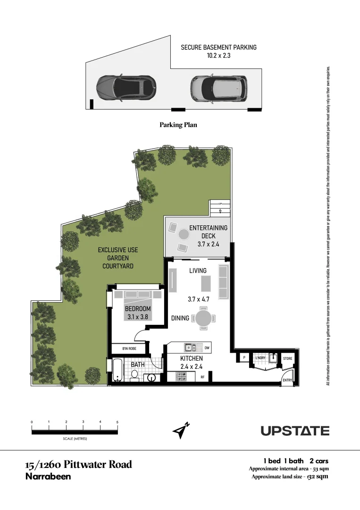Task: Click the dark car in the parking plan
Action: tap(126, 87)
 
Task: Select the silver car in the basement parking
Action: tap(219, 88)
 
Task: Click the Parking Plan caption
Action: tap(178, 125)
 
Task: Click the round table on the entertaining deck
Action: tap(184, 234)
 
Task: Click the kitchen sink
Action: tap(191, 348)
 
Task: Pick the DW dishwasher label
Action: tap(207, 348)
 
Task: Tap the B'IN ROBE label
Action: tap(129, 349)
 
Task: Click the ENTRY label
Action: tap(287, 380)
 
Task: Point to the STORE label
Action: tap(287, 358)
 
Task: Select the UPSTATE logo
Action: tap(295, 431)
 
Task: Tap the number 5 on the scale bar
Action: tap(117, 422)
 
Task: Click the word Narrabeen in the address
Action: tap(48, 476)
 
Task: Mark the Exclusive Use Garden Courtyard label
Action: tap(118, 258)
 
